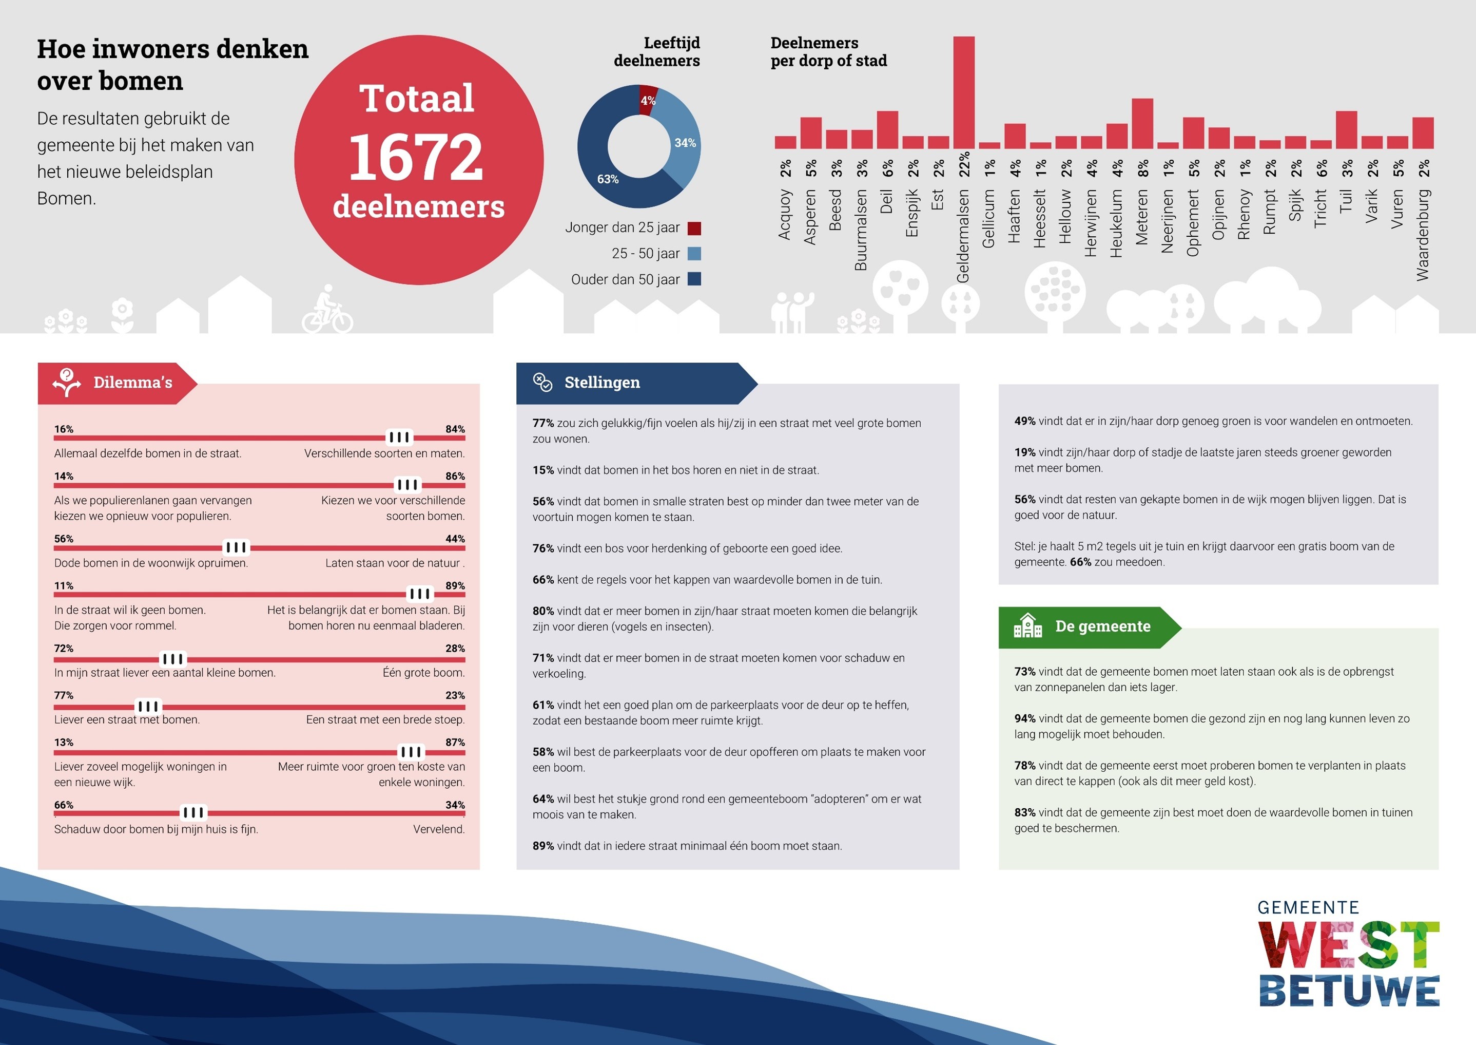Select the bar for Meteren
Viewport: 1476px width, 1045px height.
click(x=1142, y=124)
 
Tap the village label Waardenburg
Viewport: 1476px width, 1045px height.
click(x=1423, y=235)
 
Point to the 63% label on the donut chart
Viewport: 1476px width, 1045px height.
click(x=608, y=179)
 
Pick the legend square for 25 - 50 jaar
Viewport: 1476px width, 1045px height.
click(x=694, y=254)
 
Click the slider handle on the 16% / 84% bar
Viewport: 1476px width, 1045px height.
click(x=399, y=438)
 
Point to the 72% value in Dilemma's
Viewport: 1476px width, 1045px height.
click(x=64, y=648)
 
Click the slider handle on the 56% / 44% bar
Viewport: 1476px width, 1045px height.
click(x=236, y=547)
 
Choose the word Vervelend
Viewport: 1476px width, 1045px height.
click(x=439, y=829)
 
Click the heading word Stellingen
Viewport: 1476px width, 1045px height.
click(x=602, y=382)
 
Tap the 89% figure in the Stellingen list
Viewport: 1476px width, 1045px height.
click(x=543, y=846)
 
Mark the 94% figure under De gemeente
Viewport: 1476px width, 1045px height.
click(x=1024, y=718)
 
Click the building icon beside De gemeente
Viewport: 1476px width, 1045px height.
click(x=1028, y=626)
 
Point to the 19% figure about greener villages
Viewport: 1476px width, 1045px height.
click(x=1024, y=452)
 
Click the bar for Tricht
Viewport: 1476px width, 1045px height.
click(x=1321, y=145)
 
